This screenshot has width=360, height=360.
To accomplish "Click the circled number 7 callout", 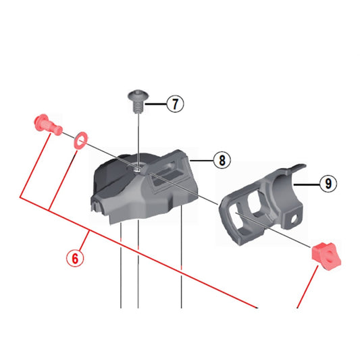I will [x=174, y=104].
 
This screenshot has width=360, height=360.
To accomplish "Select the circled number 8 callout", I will [x=220, y=160].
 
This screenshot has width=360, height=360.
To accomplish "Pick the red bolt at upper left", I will [x=44, y=124].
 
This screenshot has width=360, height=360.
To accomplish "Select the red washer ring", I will [x=78, y=139].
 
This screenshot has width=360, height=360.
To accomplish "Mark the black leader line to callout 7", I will [x=156, y=104].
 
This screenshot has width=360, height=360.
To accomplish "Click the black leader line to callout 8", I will [x=202, y=160].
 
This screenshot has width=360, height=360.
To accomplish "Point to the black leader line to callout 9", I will [x=307, y=183].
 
